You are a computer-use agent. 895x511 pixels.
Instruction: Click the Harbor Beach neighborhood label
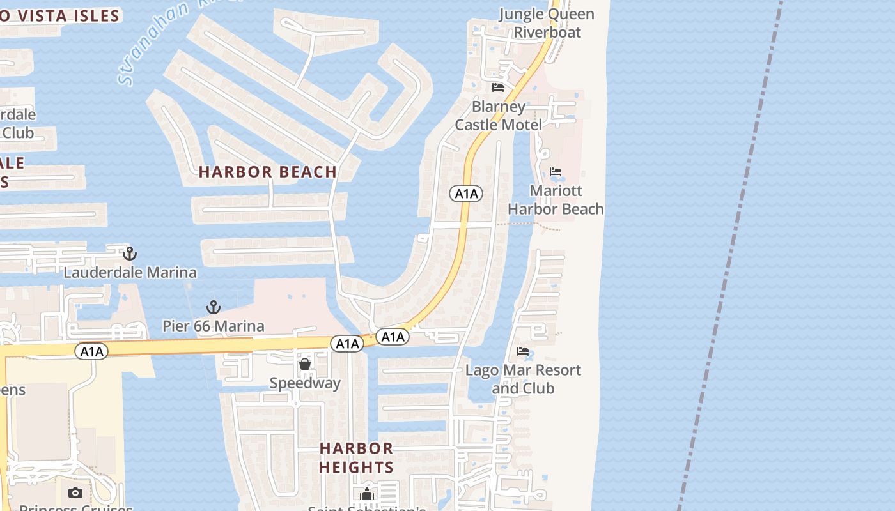[x=267, y=172]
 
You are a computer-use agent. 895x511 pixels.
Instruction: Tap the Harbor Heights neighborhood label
[x=356, y=457]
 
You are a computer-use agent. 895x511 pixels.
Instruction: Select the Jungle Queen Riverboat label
[x=547, y=23]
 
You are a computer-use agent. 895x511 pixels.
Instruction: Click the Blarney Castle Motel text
[x=498, y=116]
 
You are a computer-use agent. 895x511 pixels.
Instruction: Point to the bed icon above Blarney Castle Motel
[x=498, y=88]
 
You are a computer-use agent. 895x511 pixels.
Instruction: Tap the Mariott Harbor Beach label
[x=556, y=200]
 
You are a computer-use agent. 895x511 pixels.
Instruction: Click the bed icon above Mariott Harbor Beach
[x=556, y=172]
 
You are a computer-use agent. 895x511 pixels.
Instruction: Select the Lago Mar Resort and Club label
[x=523, y=379]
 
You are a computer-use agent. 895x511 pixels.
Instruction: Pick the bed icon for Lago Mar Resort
[x=523, y=351]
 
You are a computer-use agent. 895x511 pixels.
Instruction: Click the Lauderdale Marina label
[x=130, y=273]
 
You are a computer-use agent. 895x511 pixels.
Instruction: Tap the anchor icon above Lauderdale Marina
[x=130, y=254]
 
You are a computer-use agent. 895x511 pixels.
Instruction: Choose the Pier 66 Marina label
[x=213, y=326]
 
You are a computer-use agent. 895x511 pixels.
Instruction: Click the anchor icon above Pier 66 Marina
[x=213, y=307]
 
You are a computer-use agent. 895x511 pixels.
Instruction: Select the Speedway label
[x=305, y=383]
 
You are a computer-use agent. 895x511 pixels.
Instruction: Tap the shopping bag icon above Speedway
[x=305, y=364]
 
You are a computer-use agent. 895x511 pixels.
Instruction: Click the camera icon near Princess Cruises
[x=75, y=492]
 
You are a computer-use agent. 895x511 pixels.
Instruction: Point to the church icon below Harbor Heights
[x=366, y=494]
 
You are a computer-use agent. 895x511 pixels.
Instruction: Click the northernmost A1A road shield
[x=465, y=194]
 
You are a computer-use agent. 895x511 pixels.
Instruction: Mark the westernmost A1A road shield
[x=91, y=351]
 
